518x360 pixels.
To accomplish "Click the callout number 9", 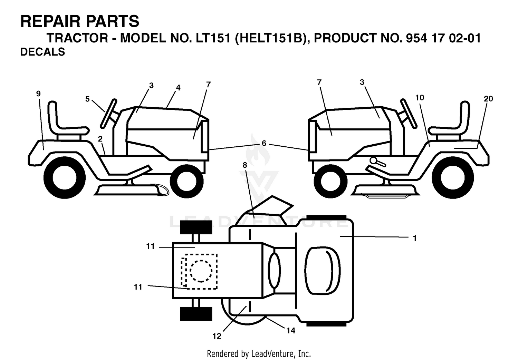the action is [x=38, y=94].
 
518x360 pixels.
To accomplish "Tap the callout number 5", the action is [x=87, y=99].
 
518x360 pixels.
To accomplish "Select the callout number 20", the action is [x=488, y=99].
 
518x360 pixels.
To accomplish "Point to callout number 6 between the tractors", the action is [x=264, y=143].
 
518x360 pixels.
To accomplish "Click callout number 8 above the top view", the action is [x=245, y=165].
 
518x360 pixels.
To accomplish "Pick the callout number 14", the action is [x=291, y=331].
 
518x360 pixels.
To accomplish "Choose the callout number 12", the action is [x=217, y=336].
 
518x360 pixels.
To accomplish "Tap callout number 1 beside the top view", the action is [x=415, y=238].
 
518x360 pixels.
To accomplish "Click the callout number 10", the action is [x=420, y=98].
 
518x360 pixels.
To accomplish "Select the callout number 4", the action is [x=178, y=88].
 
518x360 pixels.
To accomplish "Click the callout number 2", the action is [x=100, y=139].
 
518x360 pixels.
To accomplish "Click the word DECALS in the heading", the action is [x=42, y=52].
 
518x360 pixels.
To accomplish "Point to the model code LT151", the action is [x=213, y=38].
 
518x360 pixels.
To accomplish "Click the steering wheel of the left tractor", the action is [x=108, y=114].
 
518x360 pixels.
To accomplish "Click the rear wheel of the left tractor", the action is [x=65, y=178].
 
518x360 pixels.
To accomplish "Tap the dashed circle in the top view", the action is [x=201, y=271].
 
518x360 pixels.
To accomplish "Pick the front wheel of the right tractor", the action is [x=330, y=181].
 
